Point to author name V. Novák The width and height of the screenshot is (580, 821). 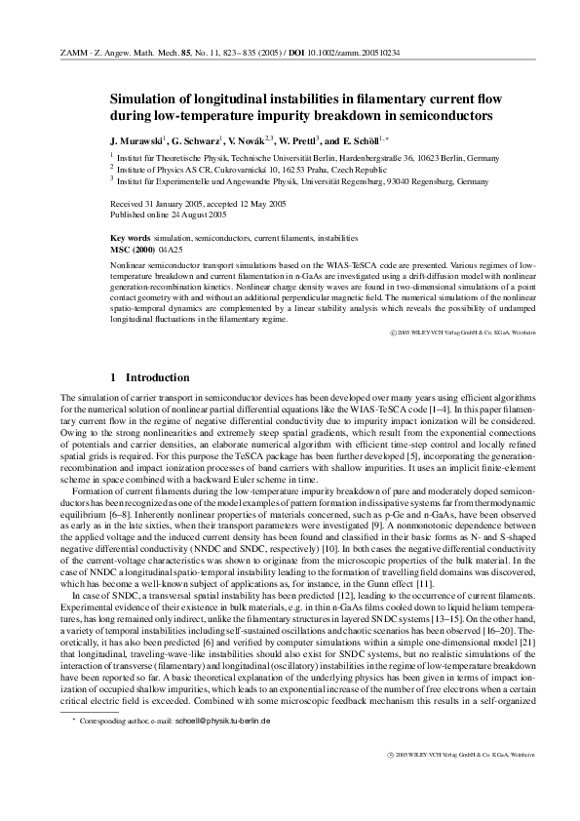pyautogui.click(x=253, y=139)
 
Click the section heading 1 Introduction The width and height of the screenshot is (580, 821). pyautogui.click(x=156, y=377)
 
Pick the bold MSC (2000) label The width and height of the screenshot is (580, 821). pyautogui.click(x=134, y=249)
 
